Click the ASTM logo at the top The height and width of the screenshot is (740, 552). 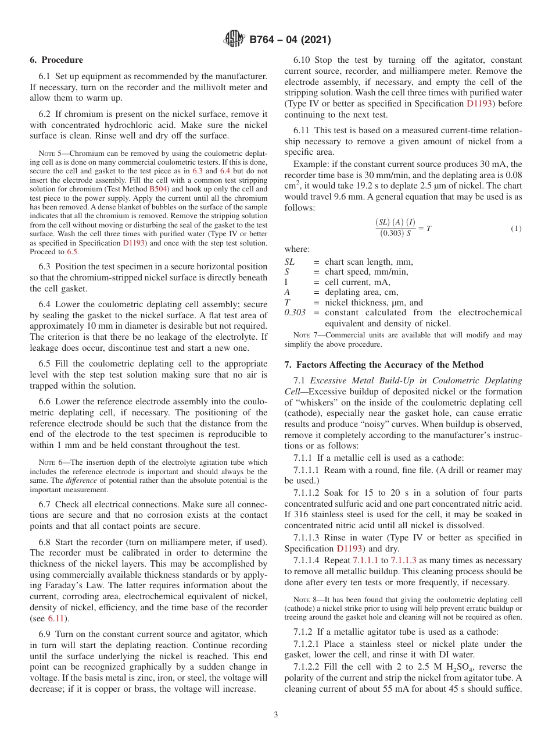234,40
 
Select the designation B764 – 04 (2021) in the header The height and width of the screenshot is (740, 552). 290,40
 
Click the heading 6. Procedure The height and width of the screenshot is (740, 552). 56,60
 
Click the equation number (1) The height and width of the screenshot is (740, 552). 516,229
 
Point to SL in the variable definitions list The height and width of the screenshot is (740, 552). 289,262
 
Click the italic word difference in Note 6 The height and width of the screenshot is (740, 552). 79,480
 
